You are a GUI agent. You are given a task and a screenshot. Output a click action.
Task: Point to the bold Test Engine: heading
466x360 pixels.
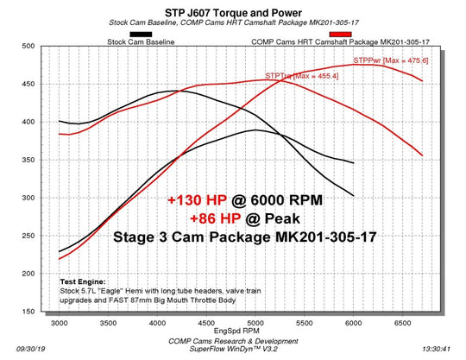(x=84, y=282)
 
